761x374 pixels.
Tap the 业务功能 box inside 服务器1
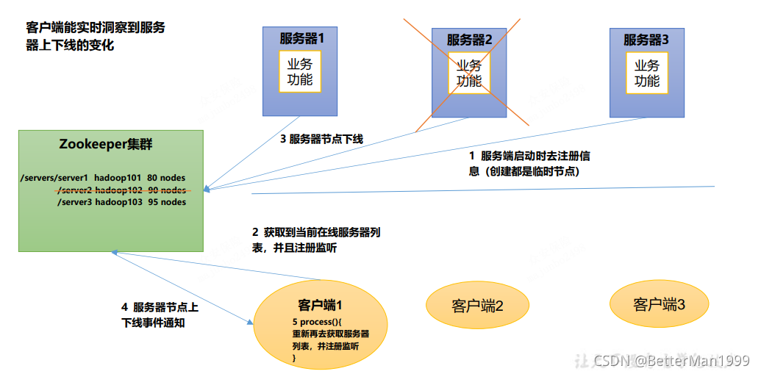pos(300,72)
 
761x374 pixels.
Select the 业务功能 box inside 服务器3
pos(647,72)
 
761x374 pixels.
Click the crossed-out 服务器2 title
pos(469,39)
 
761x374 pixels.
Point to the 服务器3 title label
pos(647,39)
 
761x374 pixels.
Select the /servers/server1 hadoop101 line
pos(103,178)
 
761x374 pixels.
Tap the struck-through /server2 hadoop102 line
pos(121,190)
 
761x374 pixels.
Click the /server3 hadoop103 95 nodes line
pos(121,202)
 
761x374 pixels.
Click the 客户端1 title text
pos(321,305)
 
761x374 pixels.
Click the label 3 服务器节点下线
pos(321,139)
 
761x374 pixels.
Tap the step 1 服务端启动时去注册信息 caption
pos(529,163)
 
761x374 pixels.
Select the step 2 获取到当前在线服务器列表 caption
pos(316,240)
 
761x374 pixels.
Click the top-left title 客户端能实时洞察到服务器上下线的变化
pos(96,36)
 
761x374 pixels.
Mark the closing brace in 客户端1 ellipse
pos(294,357)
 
